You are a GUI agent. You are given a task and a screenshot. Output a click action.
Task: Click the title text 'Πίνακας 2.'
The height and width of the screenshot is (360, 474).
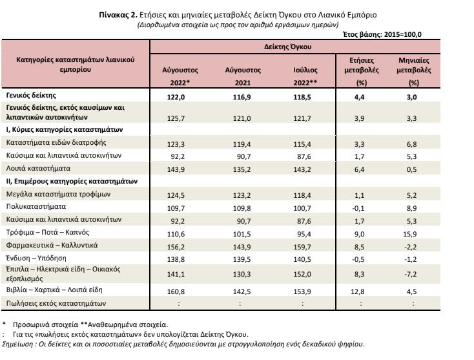pos(118,15)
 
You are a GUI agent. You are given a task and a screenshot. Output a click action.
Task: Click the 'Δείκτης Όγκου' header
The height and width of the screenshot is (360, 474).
pos(287,47)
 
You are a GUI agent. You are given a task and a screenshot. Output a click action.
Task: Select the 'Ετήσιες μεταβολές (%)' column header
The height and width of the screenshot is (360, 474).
pos(362,71)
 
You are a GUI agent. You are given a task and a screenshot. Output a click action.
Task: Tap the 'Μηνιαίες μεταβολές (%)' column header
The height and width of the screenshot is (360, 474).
pos(413,71)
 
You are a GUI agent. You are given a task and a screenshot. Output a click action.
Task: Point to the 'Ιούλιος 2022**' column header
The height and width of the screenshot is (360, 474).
pos(305,76)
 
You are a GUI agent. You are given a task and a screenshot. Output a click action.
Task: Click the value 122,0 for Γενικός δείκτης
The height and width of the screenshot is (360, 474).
pos(176,97)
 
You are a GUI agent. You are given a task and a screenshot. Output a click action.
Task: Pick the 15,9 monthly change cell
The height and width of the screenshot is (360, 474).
pos(412,234)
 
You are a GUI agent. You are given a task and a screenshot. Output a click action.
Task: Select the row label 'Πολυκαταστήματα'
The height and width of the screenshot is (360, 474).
pos(36,207)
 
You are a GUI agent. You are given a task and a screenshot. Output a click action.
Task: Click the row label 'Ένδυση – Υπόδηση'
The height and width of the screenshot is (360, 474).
pos(36,258)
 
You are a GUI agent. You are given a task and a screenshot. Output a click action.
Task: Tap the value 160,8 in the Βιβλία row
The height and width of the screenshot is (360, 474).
pos(176,291)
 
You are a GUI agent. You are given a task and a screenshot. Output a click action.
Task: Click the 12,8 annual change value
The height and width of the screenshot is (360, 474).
pos(358,291)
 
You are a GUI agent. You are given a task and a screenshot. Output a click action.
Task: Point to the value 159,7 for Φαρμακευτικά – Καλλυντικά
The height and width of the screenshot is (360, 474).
pos(302,247)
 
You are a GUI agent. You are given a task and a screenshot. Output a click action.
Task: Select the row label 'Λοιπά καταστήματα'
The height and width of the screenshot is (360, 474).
pos(38,168)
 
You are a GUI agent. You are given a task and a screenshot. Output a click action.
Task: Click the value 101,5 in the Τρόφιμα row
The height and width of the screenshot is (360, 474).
pos(242,234)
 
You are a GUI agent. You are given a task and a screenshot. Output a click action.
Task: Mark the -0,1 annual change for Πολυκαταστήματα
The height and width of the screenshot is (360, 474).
pos(358,208)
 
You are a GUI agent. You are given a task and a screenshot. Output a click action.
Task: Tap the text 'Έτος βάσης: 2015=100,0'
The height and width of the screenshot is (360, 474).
pos(382,34)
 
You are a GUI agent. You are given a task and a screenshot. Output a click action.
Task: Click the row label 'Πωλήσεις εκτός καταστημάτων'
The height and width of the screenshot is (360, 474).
pos(56,303)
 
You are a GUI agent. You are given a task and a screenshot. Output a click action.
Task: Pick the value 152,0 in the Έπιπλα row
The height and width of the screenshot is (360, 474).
pos(302,274)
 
